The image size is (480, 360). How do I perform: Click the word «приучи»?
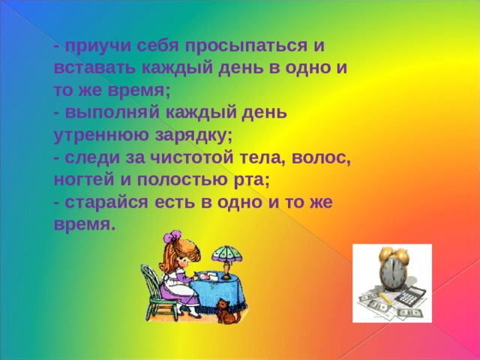pos(98,46)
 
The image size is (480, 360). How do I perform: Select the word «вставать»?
pos(94,67)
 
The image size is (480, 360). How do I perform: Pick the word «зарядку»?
pos(193,135)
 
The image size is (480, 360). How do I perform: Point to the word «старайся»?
pos(106,202)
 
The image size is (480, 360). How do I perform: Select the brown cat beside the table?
pos(227,311)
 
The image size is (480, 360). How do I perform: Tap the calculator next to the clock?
pos(409,295)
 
